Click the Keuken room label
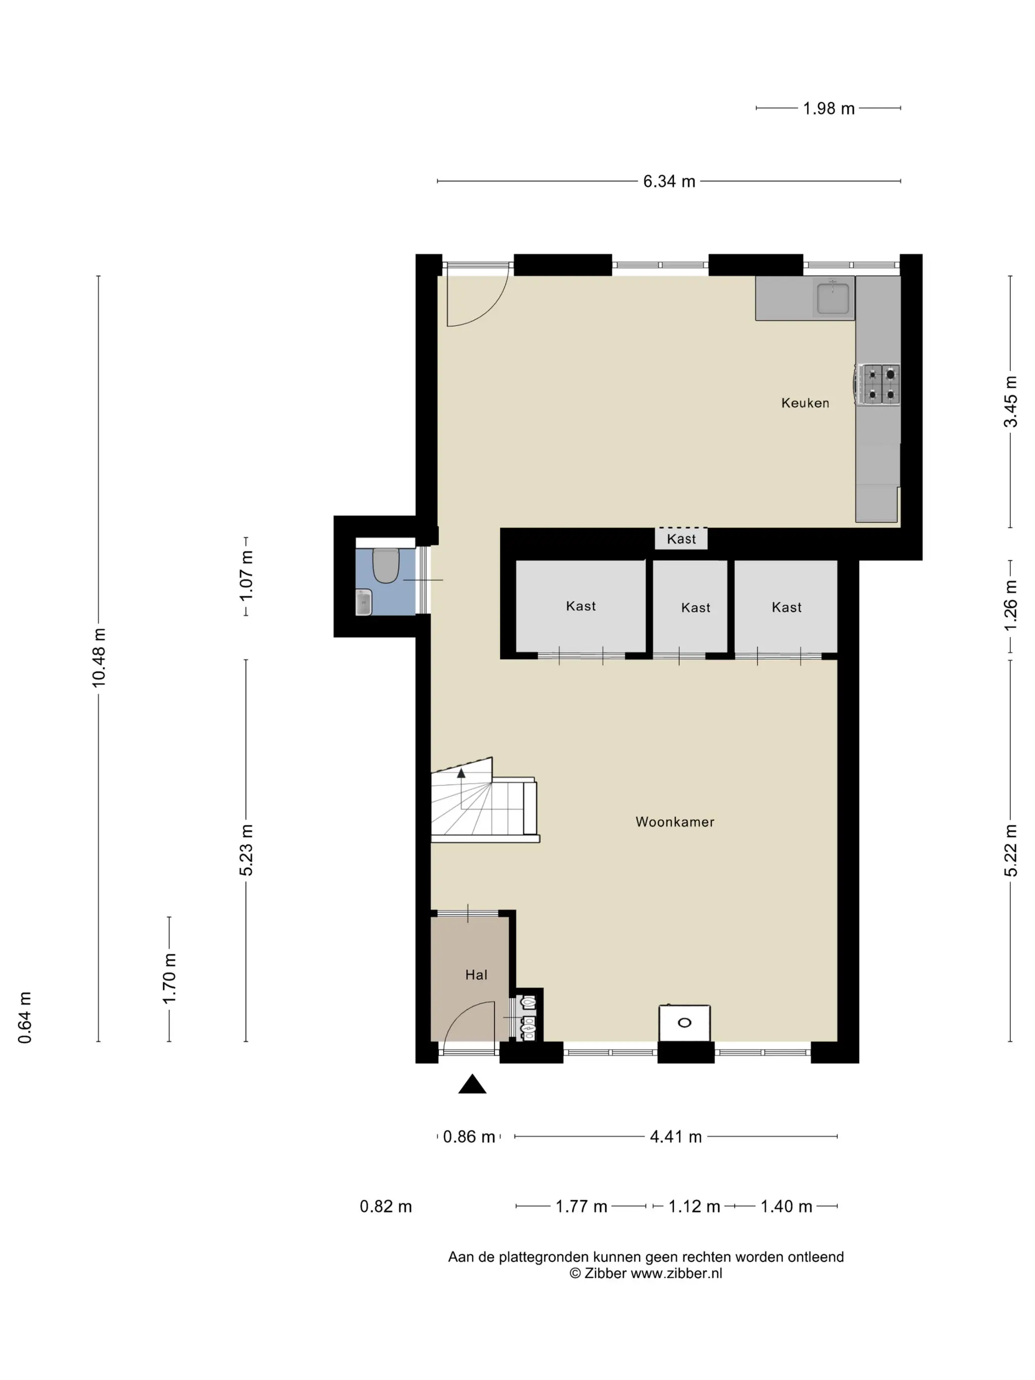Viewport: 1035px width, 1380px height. [x=805, y=403]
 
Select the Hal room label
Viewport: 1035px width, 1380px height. [x=476, y=975]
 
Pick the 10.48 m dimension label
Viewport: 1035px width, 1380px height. [x=99, y=657]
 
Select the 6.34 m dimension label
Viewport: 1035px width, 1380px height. [x=669, y=181]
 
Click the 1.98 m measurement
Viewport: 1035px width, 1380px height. [x=828, y=108]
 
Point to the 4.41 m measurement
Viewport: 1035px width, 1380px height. [x=676, y=1137]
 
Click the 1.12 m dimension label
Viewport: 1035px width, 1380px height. [x=694, y=1207]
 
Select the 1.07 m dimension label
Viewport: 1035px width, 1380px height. [x=246, y=576]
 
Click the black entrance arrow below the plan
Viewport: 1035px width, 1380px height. [x=472, y=1084]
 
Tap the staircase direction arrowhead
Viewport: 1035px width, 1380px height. [x=461, y=773]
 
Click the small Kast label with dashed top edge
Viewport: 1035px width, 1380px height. [x=681, y=539]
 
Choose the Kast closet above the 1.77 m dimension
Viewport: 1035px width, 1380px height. [x=581, y=606]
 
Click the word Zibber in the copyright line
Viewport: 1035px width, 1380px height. [x=605, y=1274]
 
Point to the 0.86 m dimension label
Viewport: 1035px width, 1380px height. [x=469, y=1137]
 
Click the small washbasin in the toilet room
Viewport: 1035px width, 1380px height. [x=364, y=602]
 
